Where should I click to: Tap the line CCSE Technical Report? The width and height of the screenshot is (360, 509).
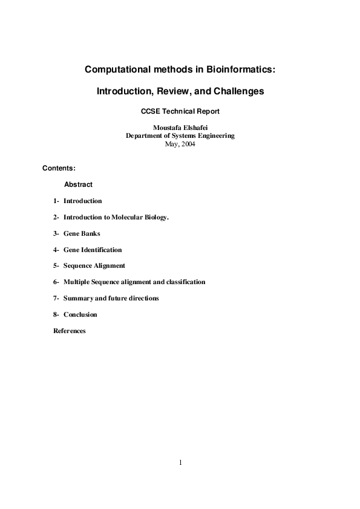click(x=180, y=111)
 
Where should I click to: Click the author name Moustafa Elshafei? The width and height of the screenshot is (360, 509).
click(x=180, y=128)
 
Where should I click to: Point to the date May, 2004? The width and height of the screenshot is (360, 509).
click(x=180, y=144)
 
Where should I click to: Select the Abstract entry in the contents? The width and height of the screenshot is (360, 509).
click(x=78, y=184)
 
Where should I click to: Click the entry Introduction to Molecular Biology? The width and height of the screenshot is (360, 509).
click(x=116, y=217)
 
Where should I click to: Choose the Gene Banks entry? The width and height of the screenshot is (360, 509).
click(x=82, y=233)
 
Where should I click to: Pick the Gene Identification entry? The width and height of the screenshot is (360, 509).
click(x=93, y=250)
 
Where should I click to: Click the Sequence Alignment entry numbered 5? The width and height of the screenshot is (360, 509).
click(x=94, y=265)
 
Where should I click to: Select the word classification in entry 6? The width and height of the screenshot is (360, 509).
click(x=185, y=282)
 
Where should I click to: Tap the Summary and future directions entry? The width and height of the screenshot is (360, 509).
click(x=111, y=298)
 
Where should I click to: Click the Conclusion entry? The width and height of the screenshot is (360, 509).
click(x=80, y=314)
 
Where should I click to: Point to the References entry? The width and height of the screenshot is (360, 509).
click(x=70, y=331)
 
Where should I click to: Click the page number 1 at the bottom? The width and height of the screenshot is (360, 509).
click(x=180, y=463)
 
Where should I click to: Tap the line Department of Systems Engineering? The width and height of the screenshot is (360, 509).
click(x=180, y=136)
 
